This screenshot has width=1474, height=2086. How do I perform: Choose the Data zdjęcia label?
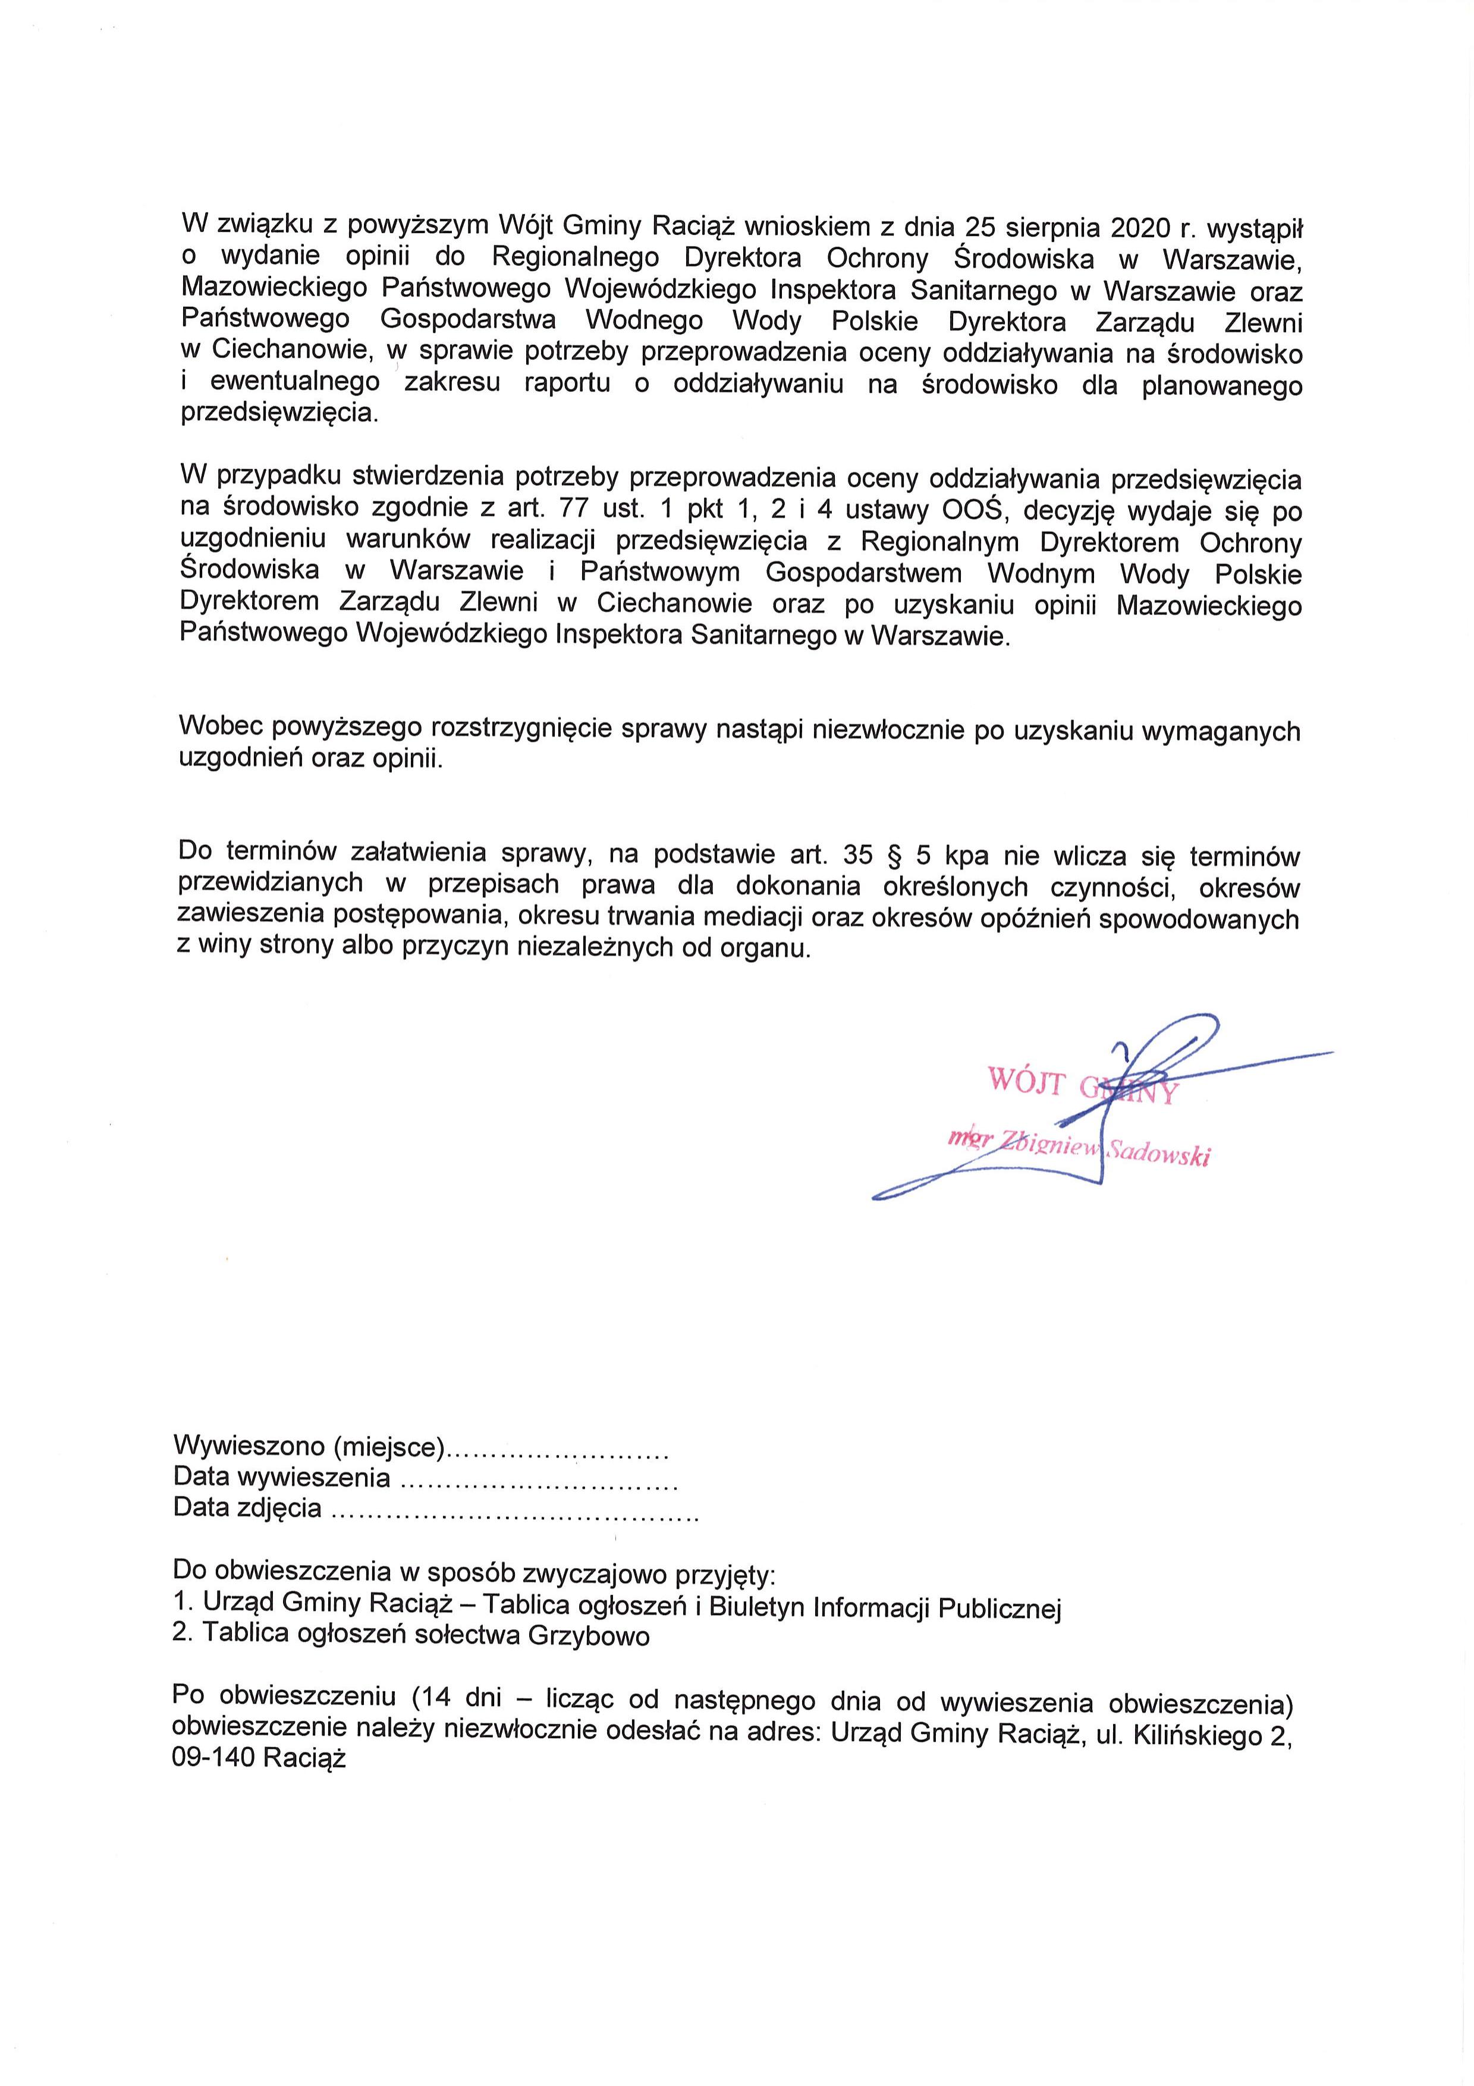[247, 1507]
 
